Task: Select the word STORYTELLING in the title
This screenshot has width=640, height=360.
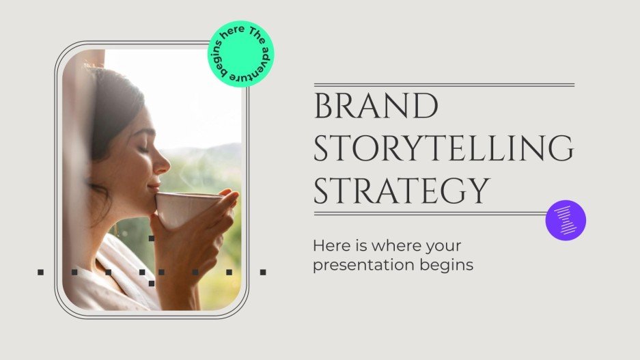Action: pos(443,150)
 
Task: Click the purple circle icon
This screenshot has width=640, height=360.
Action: pos(566,220)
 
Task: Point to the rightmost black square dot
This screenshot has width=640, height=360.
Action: pos(262,272)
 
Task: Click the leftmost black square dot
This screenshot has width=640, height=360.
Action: pos(40,272)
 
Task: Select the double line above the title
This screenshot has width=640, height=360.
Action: pos(443,85)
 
